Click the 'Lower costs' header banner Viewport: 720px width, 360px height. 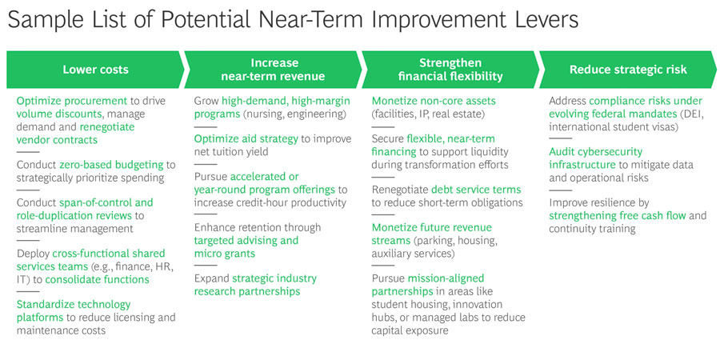click(95, 70)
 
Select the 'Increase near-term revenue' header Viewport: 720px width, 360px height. click(274, 70)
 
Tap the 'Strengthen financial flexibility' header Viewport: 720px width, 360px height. click(450, 70)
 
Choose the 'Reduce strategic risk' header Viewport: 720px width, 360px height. click(628, 70)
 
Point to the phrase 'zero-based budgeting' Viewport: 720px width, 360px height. click(111, 165)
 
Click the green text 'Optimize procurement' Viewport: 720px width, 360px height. click(72, 102)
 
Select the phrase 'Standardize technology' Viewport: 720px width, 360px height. click(74, 305)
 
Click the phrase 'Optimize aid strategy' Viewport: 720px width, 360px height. click(246, 139)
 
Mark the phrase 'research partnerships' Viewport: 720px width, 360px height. click(247, 291)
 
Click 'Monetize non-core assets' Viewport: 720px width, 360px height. click(434, 102)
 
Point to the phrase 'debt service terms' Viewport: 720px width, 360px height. click(476, 190)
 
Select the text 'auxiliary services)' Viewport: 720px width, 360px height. click(414, 254)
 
